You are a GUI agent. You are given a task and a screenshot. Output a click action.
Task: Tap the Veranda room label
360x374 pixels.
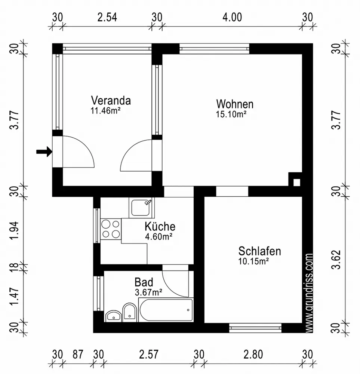pos(111,101)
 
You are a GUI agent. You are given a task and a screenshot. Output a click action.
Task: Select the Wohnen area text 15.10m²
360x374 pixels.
pos(231,114)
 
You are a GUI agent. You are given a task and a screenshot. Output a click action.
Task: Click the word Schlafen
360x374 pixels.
pos(259,251)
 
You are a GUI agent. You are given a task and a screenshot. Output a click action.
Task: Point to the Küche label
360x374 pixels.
pos(160,227)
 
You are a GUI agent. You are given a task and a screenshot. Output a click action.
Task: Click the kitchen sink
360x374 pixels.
pos(141,208)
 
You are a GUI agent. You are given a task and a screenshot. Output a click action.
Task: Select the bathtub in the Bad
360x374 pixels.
pos(165,310)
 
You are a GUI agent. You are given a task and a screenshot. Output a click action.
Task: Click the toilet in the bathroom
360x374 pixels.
pos(129,312)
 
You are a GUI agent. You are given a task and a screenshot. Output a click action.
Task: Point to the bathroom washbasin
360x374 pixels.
pos(113,316)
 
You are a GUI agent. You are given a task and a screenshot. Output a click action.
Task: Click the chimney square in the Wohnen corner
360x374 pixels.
pos(296,182)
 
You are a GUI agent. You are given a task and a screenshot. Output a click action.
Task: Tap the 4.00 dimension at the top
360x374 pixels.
pos(232,17)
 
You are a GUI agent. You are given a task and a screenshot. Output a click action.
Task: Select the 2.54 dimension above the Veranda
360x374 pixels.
pos(107,17)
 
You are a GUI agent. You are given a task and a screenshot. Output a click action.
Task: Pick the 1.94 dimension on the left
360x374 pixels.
pos(14,232)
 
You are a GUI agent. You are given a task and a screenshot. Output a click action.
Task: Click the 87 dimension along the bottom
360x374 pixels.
pos(78,354)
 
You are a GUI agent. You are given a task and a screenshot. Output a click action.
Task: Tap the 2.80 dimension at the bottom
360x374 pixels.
pos(253,354)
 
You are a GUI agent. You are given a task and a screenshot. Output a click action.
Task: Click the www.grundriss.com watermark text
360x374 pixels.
pos(309,292)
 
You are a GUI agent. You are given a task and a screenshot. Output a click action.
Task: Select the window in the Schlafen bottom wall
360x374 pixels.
pos(255,328)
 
